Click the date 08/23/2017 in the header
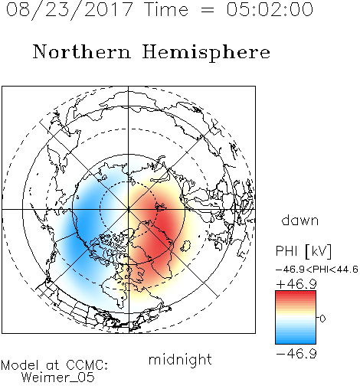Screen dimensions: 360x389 [x=70, y=9]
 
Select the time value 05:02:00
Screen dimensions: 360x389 [x=270, y=9]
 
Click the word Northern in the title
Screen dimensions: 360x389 [x=82, y=51]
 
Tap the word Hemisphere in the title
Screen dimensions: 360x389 [x=206, y=52]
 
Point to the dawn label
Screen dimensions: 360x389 [x=300, y=220]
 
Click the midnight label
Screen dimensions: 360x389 [x=180, y=361]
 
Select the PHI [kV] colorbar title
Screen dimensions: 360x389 [x=303, y=251]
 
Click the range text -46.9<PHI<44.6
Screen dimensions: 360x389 [x=317, y=270]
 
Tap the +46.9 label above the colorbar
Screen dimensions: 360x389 [x=296, y=284]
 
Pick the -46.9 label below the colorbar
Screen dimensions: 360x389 [x=296, y=354]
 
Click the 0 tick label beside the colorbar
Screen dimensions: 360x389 [x=322, y=319]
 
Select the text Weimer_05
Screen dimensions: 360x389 [x=58, y=377]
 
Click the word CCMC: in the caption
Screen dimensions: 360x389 [x=87, y=365]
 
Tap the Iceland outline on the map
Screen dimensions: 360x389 [x=185, y=246]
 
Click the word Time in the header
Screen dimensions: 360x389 [x=166, y=9]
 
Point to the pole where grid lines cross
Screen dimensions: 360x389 [x=128, y=209]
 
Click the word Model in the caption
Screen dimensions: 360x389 [x=20, y=365]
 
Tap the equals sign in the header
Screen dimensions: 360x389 [x=208, y=10]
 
